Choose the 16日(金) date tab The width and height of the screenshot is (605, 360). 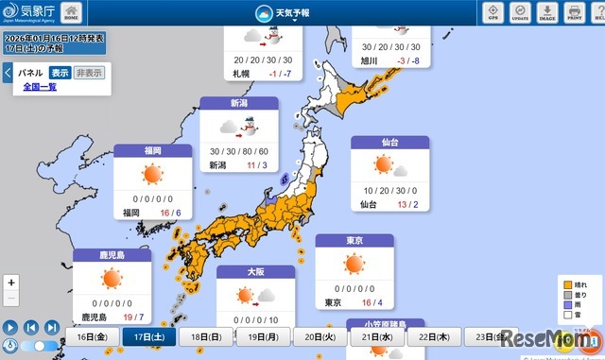pos(93,337)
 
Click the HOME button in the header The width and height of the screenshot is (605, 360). pos(72,12)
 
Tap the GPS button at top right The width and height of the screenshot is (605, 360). pos(493,12)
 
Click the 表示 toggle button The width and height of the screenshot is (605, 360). pos(60,73)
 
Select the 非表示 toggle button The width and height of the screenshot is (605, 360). pos(90,73)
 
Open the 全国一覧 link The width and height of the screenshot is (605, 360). pos(40,87)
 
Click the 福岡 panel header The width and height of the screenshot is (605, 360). pos(152,151)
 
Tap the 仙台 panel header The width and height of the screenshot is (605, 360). pos(389,143)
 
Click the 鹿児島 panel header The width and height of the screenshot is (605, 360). pos(112,255)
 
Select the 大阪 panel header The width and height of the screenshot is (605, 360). pos(255,272)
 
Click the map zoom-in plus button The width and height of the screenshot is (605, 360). pos(10,283)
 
